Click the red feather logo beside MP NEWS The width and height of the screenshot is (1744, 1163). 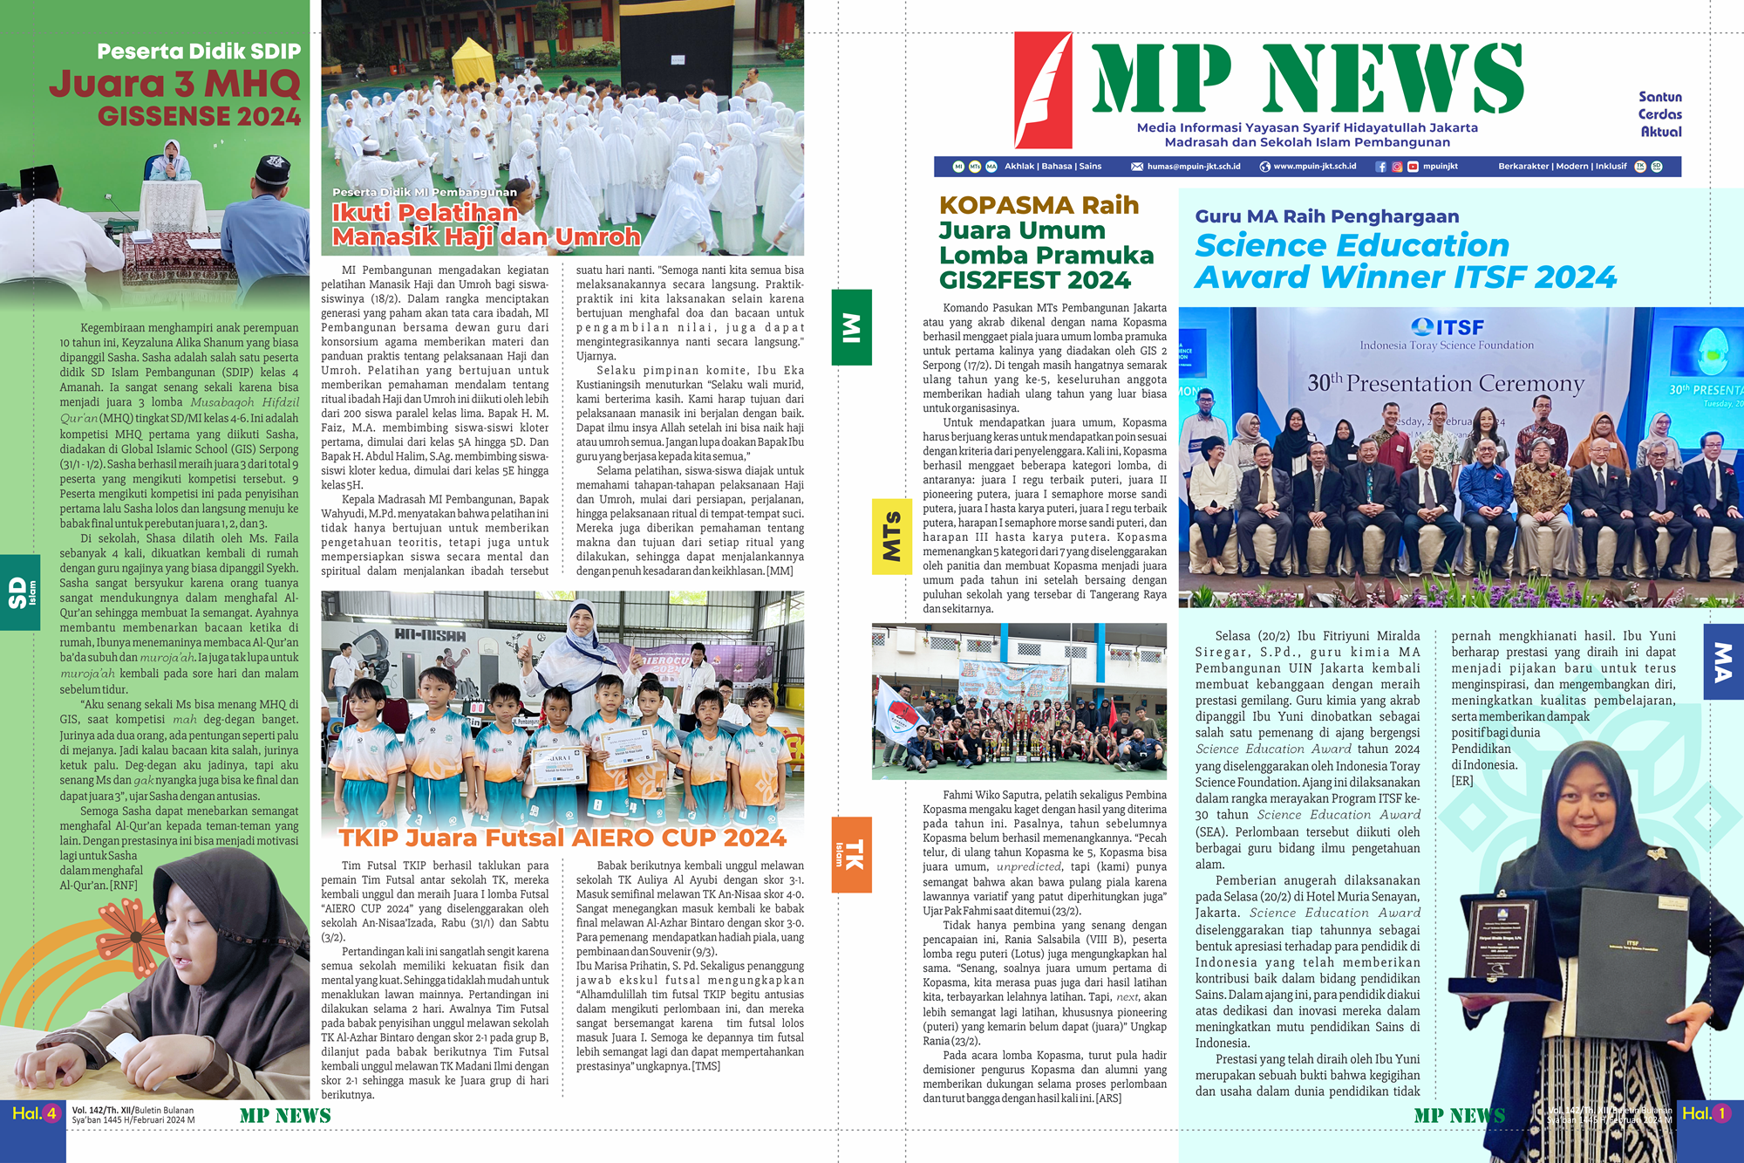(1044, 90)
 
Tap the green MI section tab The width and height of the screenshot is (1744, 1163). (852, 327)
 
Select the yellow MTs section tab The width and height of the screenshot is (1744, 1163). (891, 537)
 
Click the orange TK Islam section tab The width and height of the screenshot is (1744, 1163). (851, 854)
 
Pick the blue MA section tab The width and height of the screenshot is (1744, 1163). (1723, 661)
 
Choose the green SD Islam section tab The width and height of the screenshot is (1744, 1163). (20, 592)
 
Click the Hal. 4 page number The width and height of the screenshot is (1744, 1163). (34, 1113)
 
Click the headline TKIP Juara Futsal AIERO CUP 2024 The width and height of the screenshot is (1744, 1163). (562, 838)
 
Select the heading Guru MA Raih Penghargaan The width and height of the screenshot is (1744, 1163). (1325, 216)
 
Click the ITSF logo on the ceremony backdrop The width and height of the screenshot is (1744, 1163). (1447, 327)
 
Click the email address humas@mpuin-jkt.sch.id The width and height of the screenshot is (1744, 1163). (1192, 167)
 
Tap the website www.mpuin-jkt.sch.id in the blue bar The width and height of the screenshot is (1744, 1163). (1314, 167)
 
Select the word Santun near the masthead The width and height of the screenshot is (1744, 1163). (1659, 97)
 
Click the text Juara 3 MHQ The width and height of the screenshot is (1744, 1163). (174, 84)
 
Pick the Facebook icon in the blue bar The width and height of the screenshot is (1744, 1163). (1380, 167)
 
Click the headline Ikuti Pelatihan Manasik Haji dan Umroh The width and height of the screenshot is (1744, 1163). (485, 224)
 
